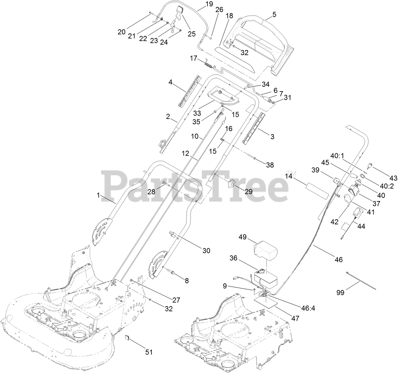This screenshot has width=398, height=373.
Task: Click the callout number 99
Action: [x=340, y=293]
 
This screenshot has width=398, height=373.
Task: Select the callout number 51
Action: [x=149, y=352]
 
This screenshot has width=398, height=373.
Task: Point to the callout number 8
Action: [x=186, y=280]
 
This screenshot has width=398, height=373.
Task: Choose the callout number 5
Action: [x=274, y=14]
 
